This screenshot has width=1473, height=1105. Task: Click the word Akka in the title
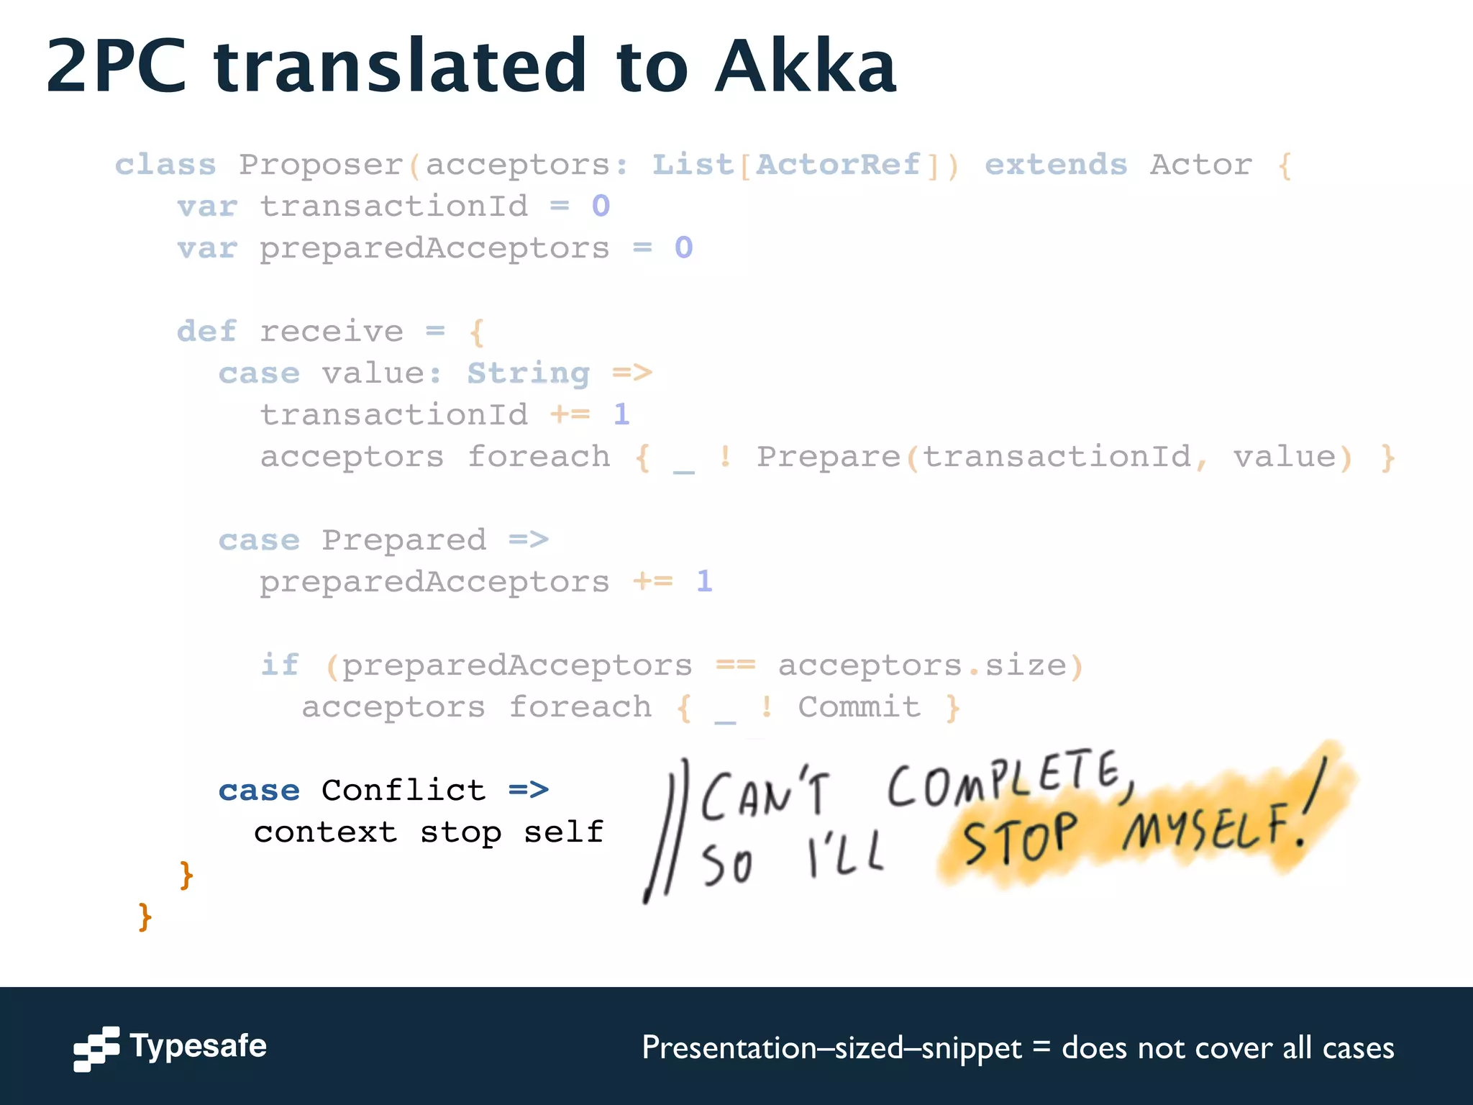coord(806,67)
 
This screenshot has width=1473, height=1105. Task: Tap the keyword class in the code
coord(165,165)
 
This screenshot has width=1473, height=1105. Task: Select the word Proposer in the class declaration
coord(321,165)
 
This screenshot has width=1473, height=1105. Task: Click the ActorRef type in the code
coord(838,165)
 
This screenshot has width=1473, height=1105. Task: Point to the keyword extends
coord(1055,165)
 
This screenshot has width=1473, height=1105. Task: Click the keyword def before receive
coord(206,332)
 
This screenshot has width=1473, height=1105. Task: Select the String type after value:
coord(529,373)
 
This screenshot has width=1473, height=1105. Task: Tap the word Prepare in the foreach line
coord(828,457)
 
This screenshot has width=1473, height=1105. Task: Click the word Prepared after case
coord(403,540)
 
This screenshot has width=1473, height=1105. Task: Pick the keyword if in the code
coord(279,665)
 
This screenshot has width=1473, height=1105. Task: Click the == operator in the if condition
coord(735,665)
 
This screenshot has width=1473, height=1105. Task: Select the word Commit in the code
coord(859,707)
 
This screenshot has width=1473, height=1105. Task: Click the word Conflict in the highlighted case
coord(403,791)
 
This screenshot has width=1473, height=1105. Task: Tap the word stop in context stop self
coord(461,832)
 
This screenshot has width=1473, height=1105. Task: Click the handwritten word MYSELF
coord(1208,827)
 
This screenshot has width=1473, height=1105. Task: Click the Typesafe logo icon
coord(96,1048)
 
